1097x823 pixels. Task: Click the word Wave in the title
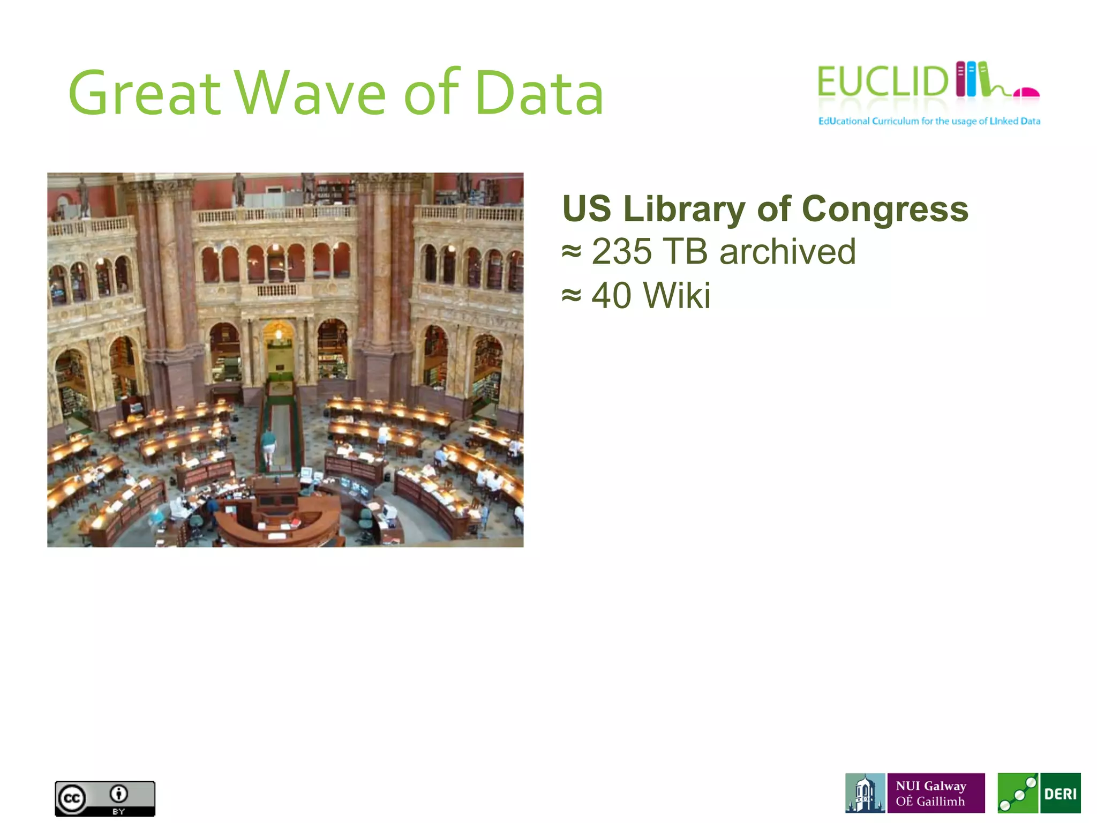point(311,94)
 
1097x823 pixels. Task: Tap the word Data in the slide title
point(539,94)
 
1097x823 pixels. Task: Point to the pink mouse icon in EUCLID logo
point(1026,93)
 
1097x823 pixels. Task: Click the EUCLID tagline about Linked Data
point(929,121)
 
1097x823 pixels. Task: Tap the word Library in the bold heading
point(684,209)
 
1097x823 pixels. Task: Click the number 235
point(621,252)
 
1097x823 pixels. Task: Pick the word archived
point(787,252)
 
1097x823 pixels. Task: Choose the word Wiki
point(677,295)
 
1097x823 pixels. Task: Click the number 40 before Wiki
point(611,295)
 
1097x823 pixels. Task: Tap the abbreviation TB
point(685,252)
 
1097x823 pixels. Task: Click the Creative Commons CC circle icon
point(72,798)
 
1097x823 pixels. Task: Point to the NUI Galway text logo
point(936,793)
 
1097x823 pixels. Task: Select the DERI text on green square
point(1060,794)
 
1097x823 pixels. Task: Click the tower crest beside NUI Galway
point(865,793)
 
